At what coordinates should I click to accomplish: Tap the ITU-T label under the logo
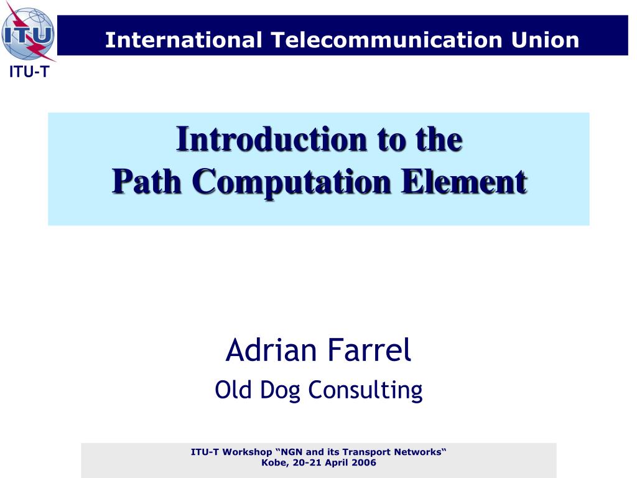click(x=29, y=72)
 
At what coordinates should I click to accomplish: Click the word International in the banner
click(x=184, y=40)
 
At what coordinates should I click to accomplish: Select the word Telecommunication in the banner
click(x=386, y=40)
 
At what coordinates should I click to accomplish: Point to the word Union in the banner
click(x=545, y=40)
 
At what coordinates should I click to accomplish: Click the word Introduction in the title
click(x=272, y=139)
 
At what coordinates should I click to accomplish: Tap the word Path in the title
click(x=147, y=181)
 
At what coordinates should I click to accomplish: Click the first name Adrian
click(x=271, y=350)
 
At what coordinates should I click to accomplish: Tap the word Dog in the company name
click(x=280, y=391)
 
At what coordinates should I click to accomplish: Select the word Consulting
click(x=365, y=391)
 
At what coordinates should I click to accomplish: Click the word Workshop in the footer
click(x=248, y=452)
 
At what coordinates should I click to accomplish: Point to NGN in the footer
click(x=292, y=452)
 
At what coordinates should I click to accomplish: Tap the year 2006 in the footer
click(x=364, y=462)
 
